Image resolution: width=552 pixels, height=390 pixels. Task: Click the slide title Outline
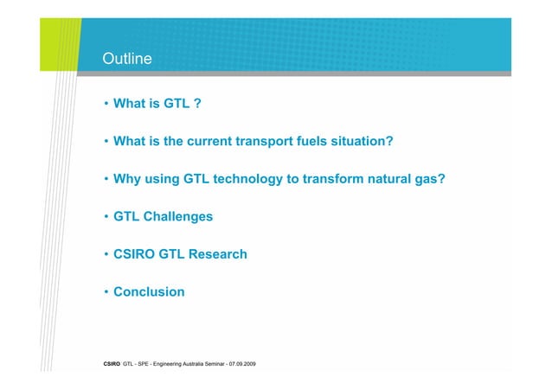pyautogui.click(x=127, y=60)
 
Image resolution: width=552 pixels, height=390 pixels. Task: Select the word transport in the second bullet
pyautogui.click(x=274, y=142)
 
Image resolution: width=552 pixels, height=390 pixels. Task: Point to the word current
pyautogui.click(x=216, y=142)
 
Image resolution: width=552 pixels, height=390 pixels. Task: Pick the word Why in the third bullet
pyautogui.click(x=128, y=179)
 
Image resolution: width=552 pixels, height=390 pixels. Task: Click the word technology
pyautogui.click(x=254, y=179)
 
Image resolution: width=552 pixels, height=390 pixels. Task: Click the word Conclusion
pyautogui.click(x=149, y=292)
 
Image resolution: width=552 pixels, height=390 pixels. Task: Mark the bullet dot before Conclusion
pyautogui.click(x=105, y=292)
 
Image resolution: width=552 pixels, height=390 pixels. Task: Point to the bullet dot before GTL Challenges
pyautogui.click(x=105, y=217)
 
